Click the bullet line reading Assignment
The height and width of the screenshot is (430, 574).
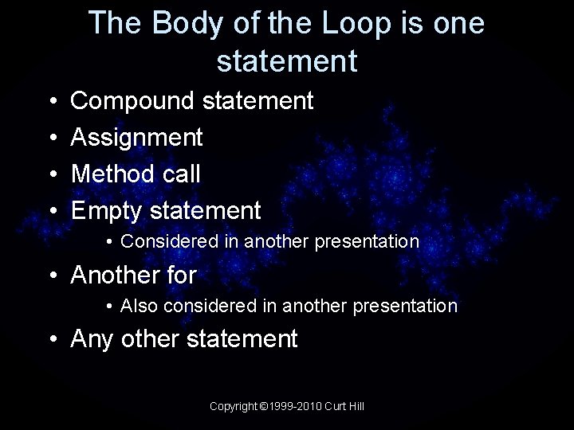[137, 138]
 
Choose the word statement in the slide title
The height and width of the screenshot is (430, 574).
[286, 61]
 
